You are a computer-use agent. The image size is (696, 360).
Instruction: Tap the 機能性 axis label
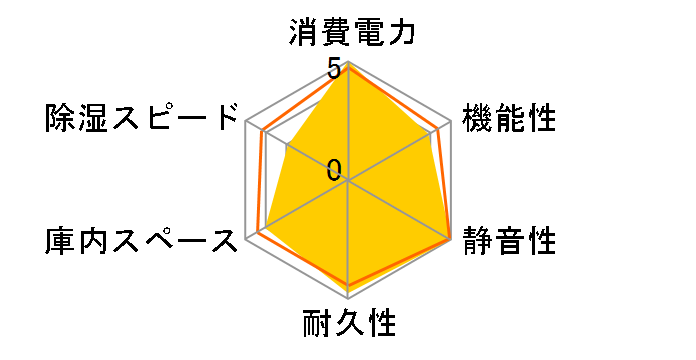click(508, 120)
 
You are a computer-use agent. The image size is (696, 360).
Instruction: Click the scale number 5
click(334, 71)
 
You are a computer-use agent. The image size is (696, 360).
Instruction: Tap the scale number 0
click(334, 170)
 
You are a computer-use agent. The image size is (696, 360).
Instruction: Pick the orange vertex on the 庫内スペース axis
click(258, 233)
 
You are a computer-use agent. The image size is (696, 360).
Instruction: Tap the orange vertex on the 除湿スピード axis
click(262, 132)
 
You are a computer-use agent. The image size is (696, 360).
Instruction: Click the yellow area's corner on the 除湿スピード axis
click(287, 146)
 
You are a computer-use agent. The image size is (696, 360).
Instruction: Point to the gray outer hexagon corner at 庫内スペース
click(246, 240)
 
